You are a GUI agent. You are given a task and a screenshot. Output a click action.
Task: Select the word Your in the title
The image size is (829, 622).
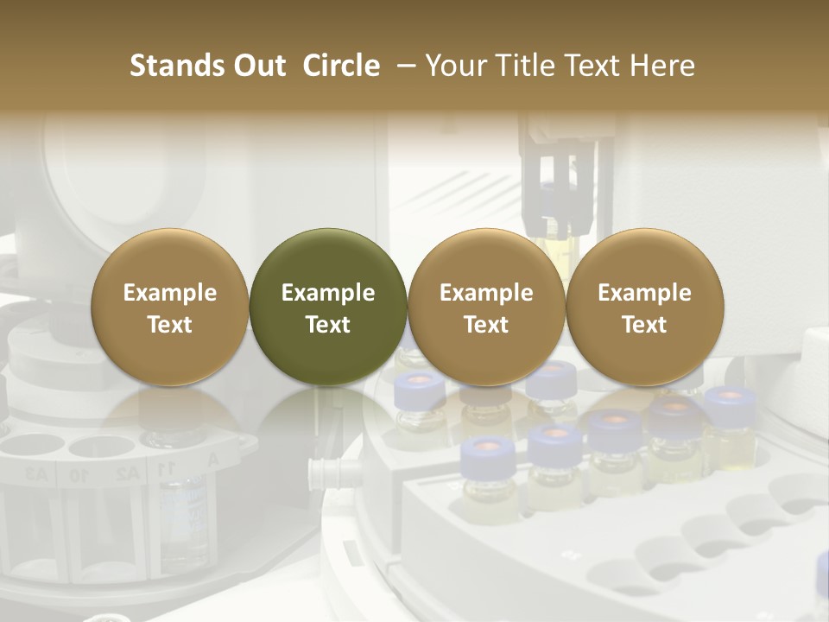pyautogui.click(x=453, y=66)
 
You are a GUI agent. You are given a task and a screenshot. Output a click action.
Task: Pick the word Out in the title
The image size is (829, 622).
pyautogui.click(x=257, y=66)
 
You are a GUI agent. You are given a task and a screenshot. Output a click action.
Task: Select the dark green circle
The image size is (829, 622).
pyautogui.click(x=328, y=308)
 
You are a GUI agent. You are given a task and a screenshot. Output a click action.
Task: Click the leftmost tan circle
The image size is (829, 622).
pyautogui.click(x=170, y=308)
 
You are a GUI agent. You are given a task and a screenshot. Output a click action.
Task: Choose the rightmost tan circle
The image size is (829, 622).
pyautogui.click(x=645, y=308)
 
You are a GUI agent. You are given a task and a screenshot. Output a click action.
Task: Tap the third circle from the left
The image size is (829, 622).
pyautogui.click(x=486, y=308)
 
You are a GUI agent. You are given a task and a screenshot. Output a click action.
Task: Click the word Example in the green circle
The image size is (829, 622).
pyautogui.click(x=328, y=293)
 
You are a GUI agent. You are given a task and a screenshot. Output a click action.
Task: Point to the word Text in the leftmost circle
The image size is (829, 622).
pyautogui.click(x=170, y=325)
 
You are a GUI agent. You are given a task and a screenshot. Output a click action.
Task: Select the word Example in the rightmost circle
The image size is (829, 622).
pyautogui.click(x=645, y=293)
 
